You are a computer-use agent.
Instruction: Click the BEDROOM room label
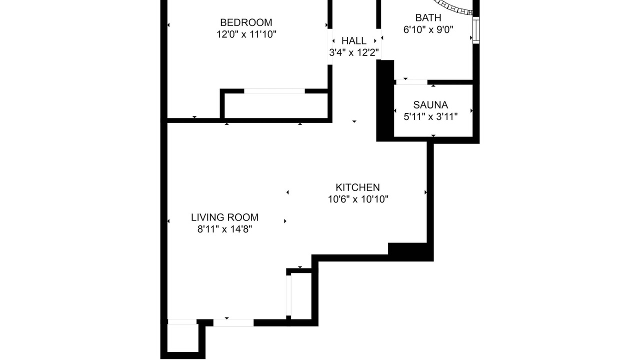(246, 22)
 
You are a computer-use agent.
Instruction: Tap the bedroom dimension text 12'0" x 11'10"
(246, 34)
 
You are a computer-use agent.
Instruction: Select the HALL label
(353, 41)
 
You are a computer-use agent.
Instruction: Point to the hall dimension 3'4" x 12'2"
(354, 52)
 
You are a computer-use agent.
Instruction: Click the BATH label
(428, 17)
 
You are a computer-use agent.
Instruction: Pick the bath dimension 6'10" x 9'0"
(428, 29)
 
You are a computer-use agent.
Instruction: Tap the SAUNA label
(430, 105)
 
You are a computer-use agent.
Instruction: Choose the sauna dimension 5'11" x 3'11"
(430, 116)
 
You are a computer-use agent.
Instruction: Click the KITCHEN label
(357, 187)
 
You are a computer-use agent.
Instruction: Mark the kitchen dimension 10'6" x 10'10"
(357, 199)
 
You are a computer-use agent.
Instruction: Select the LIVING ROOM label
(224, 217)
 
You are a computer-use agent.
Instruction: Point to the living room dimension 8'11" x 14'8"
(224, 229)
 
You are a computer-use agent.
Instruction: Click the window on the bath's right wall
(476, 30)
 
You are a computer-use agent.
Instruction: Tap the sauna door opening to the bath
(411, 82)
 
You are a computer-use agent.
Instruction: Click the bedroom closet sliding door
(274, 91)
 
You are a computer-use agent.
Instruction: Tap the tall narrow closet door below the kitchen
(288, 295)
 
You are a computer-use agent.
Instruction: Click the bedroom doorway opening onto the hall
(330, 46)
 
